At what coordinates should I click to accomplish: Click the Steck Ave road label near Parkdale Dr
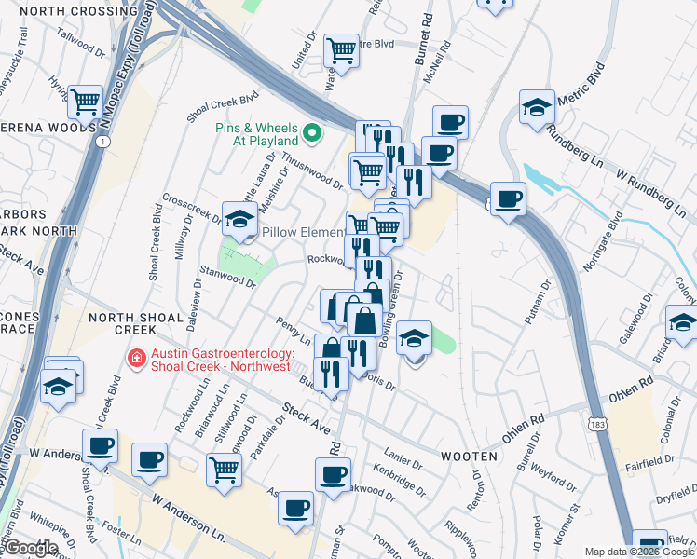307,416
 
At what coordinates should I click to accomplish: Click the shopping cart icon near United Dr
342,50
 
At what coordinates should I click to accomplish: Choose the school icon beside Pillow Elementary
240,220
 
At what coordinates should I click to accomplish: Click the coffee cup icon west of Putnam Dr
508,198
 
